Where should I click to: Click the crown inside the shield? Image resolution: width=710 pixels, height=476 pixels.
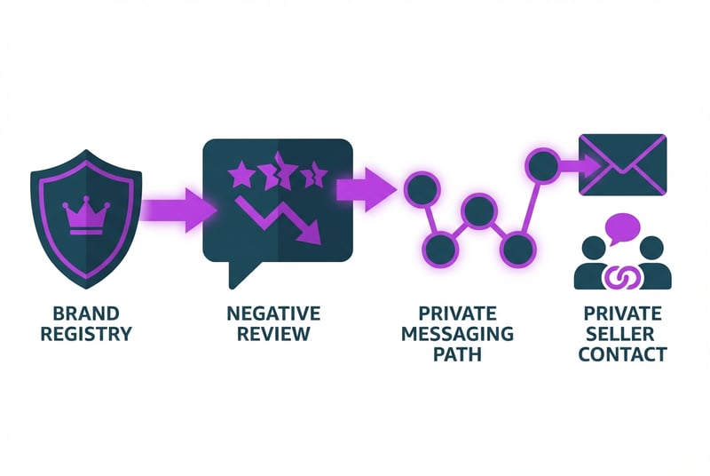[x=86, y=216]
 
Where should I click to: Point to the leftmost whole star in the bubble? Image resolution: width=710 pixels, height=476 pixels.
[x=240, y=175]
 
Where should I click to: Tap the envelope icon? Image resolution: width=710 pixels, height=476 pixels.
[x=622, y=164]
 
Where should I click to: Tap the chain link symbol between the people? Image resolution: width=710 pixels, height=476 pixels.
[x=622, y=277]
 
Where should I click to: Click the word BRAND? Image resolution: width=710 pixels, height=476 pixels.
[x=86, y=314]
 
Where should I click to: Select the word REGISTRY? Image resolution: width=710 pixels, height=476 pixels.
[x=86, y=335]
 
